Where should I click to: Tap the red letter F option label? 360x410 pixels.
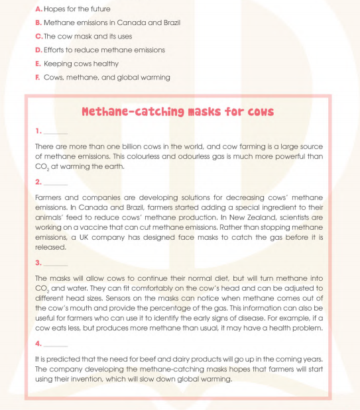38,77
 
